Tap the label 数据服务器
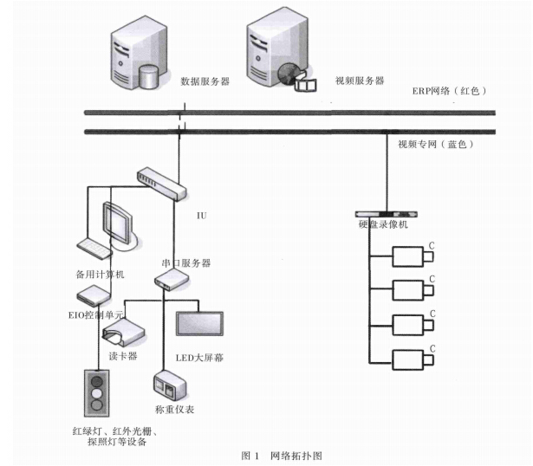[x=205, y=81]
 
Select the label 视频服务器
[x=360, y=81]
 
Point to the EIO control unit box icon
[x=92, y=294]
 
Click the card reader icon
[x=124, y=332]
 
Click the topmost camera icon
[x=409, y=256]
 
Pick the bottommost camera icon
[x=409, y=359]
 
